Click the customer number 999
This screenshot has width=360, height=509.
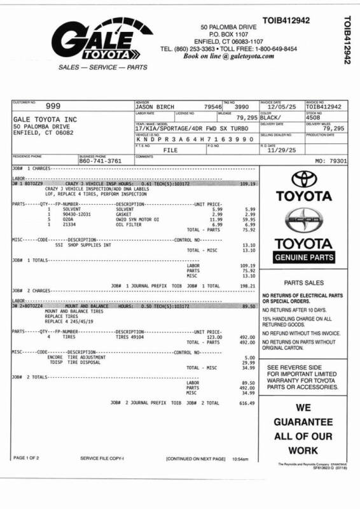53,106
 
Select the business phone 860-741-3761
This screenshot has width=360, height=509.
100,161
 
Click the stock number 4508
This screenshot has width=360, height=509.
314,118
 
